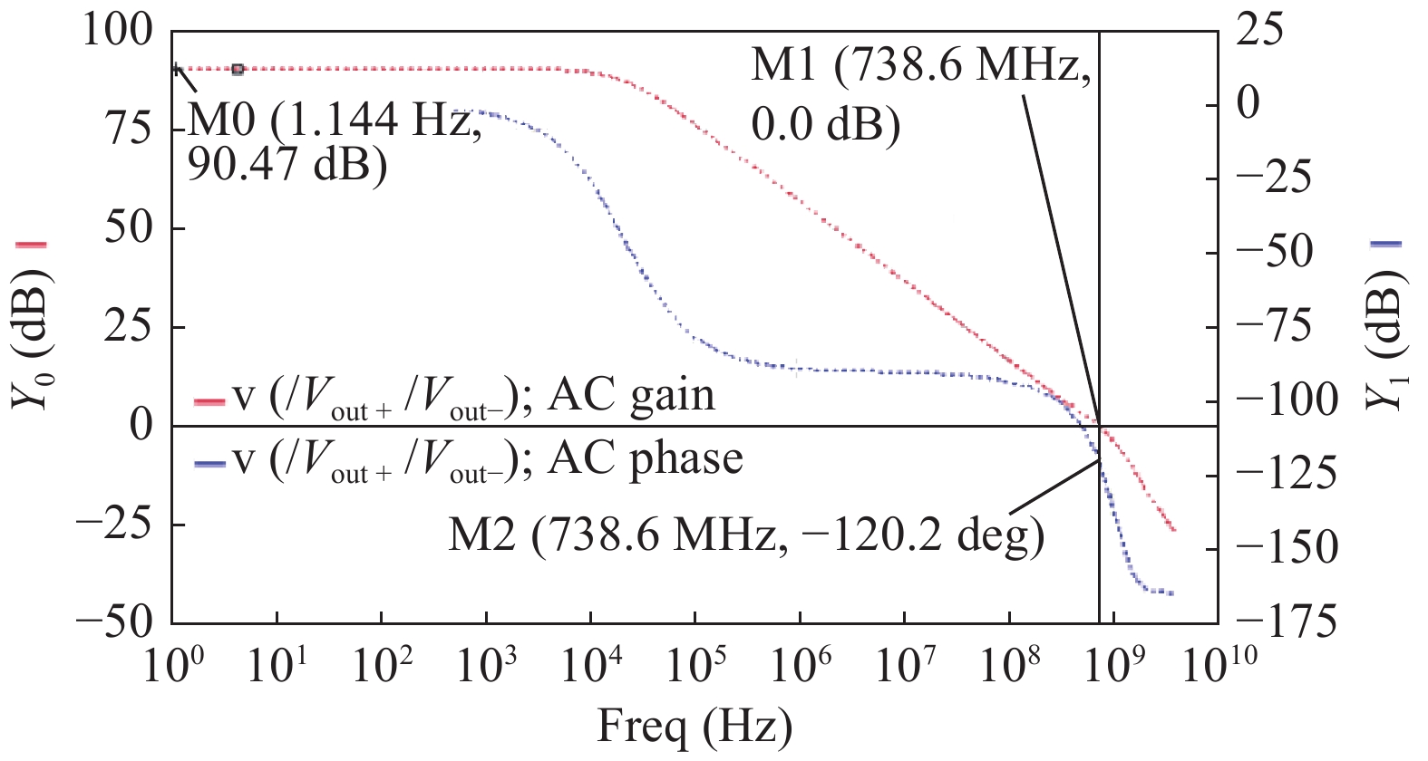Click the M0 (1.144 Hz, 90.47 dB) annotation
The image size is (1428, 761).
click(x=334, y=143)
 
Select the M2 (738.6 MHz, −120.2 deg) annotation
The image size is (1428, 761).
click(x=745, y=536)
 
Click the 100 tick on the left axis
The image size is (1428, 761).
click(x=118, y=32)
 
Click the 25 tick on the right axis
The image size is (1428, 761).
click(x=1259, y=32)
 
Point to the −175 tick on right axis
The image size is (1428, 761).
click(x=1286, y=622)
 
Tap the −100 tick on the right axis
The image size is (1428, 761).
click(x=1286, y=400)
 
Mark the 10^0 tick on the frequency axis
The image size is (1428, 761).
click(x=172, y=666)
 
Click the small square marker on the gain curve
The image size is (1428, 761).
click(x=238, y=70)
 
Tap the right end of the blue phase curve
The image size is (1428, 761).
click(x=1172, y=593)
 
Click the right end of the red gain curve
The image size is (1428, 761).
click(x=1174, y=530)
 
